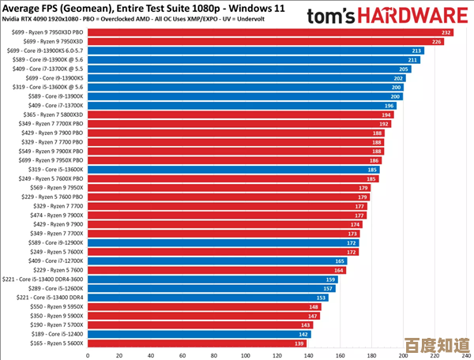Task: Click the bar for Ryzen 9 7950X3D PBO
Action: [269, 32]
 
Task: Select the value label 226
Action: [437, 41]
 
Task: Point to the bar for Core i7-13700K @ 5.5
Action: [253, 69]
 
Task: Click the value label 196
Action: [389, 105]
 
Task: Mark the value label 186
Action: [374, 160]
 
